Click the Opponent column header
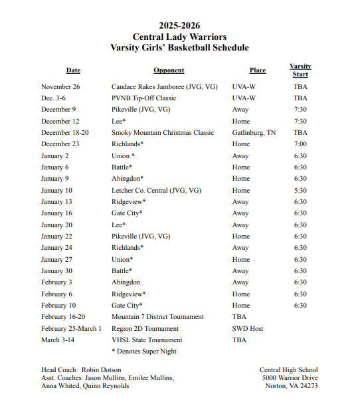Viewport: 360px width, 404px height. pos(169,70)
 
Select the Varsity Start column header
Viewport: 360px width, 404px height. pos(300,70)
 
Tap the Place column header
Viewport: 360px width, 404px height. pos(258,70)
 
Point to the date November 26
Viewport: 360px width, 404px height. pos(60,87)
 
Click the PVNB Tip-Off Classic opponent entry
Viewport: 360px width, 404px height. pos(144,98)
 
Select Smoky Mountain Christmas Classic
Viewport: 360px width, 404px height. pos(163,133)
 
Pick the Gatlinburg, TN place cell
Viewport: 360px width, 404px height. pos(254,133)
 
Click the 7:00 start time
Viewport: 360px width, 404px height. pos(300,144)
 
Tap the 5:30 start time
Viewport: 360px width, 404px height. pos(300,191)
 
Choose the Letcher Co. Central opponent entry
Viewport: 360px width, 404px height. pos(156,191)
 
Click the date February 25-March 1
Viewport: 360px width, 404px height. pos(71,329)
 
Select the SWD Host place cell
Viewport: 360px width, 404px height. pos(248,329)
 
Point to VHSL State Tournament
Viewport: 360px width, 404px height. pos(147,340)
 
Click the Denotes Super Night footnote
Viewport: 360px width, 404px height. pos(144,352)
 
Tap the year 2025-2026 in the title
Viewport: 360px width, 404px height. pos(179,25)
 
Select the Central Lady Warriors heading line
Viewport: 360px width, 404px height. pos(179,37)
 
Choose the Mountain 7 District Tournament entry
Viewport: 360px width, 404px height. pos(157,317)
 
